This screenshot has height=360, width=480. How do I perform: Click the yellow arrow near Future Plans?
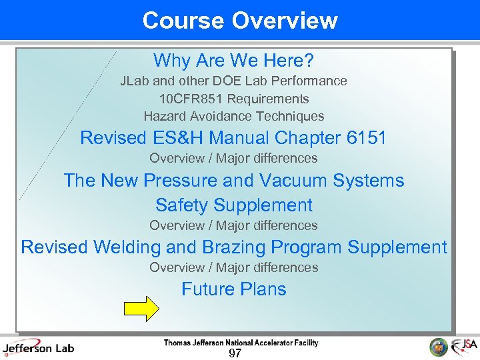[141, 309]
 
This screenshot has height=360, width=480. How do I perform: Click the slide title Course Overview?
[240, 20]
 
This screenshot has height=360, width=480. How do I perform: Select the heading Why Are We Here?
[233, 61]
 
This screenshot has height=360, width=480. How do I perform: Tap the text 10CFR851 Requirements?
[233, 99]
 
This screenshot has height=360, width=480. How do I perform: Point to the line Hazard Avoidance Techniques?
[233, 116]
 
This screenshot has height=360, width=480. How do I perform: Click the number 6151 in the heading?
[367, 138]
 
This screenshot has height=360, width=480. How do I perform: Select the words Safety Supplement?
[233, 205]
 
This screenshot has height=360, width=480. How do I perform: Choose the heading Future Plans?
[233, 289]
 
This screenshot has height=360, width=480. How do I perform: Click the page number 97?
[234, 353]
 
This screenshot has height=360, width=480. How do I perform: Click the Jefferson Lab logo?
[38, 347]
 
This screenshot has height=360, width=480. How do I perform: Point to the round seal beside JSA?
[438, 347]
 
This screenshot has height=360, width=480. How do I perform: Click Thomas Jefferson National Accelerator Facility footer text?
[241, 343]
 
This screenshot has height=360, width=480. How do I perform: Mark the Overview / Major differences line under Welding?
[233, 267]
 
